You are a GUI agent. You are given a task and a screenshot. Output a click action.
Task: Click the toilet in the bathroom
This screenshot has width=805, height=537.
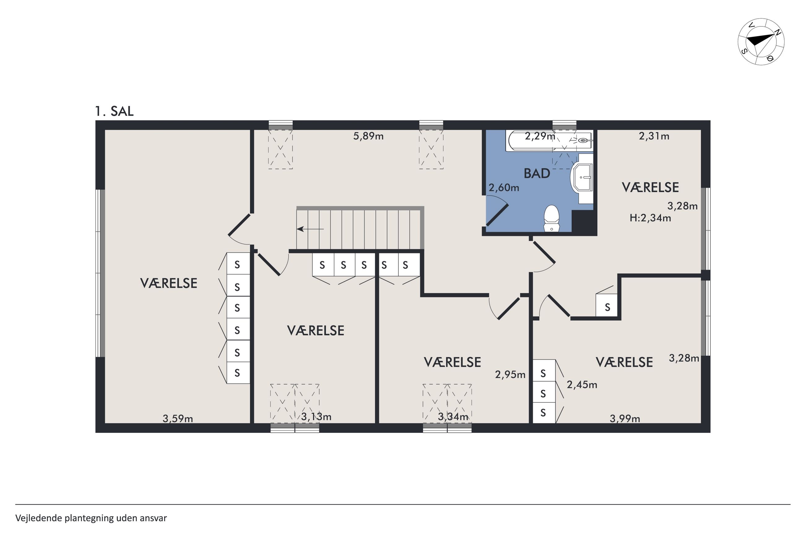tap(551, 218)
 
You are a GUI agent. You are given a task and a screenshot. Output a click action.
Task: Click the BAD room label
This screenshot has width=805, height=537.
tap(537, 174)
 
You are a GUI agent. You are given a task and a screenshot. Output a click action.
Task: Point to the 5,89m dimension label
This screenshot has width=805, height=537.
tap(368, 136)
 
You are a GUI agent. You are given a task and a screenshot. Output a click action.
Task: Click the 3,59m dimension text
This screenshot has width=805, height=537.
tap(177, 419)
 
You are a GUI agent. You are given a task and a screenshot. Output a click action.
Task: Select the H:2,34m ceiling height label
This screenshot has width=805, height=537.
tap(650, 218)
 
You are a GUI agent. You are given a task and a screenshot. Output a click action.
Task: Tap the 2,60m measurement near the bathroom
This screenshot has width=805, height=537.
tap(504, 188)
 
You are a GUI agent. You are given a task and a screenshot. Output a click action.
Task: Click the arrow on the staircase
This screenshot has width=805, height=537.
tap(310, 229)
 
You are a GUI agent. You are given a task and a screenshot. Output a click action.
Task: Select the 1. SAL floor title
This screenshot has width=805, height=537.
tap(114, 111)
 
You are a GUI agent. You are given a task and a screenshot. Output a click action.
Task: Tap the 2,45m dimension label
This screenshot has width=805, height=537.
tap(582, 385)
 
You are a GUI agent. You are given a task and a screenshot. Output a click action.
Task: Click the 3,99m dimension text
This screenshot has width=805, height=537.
tap(625, 419)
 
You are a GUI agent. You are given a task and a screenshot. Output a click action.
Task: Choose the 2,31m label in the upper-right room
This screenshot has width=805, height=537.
tap(654, 136)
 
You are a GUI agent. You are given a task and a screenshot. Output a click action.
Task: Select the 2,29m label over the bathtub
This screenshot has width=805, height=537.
tap(540, 136)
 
